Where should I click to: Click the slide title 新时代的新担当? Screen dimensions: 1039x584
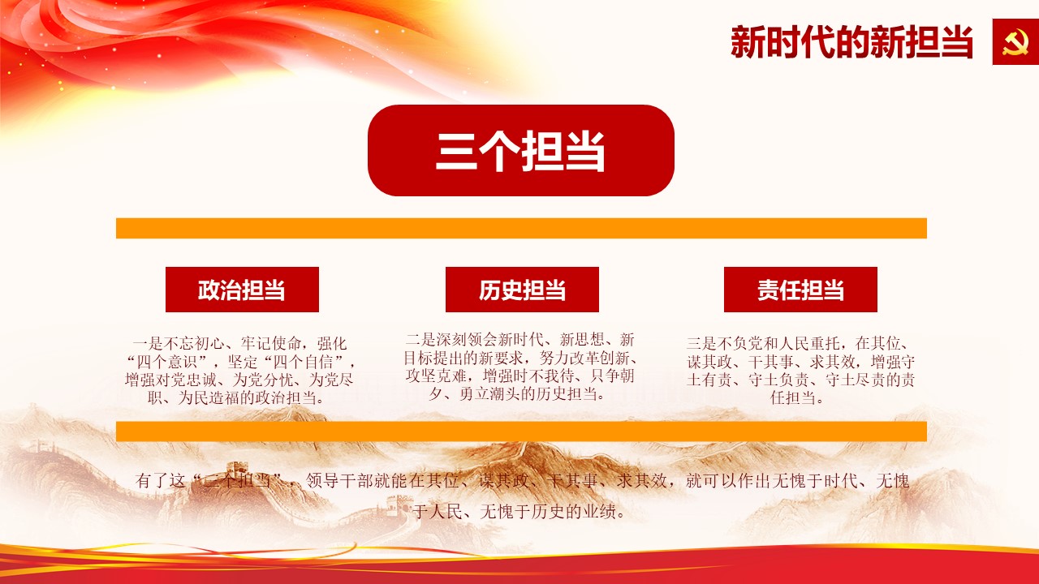click(x=851, y=42)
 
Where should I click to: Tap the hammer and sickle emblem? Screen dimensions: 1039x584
click(x=1015, y=41)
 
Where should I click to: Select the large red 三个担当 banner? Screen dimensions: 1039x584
click(x=521, y=151)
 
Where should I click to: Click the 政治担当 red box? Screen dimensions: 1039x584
click(x=242, y=290)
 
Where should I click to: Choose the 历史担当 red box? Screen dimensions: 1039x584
click(x=522, y=290)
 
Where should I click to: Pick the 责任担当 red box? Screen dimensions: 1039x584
click(x=800, y=290)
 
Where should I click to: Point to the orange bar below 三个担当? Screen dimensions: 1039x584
click(x=521, y=228)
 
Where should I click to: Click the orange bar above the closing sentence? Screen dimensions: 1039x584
click(x=521, y=432)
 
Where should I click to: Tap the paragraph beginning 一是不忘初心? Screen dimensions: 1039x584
click(x=239, y=371)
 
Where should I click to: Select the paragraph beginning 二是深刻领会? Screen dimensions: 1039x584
click(x=520, y=367)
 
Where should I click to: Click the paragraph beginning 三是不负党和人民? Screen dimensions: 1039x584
click(x=800, y=371)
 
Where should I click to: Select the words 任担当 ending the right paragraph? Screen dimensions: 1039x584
click(x=793, y=397)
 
